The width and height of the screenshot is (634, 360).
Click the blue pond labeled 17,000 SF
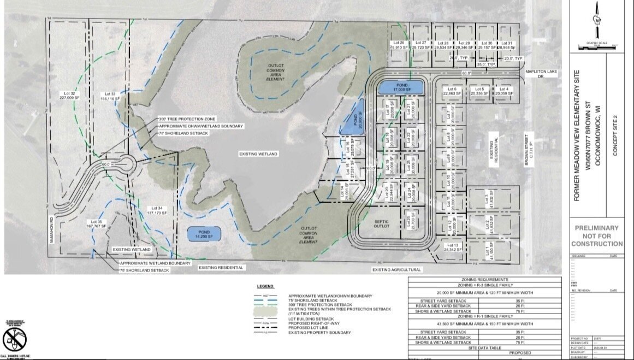[401, 86]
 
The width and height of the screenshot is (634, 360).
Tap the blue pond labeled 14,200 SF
[203, 233]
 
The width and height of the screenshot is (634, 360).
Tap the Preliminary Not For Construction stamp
[597, 235]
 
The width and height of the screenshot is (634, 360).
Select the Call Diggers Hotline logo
[14, 340]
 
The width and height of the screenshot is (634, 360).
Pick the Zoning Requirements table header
[484, 279]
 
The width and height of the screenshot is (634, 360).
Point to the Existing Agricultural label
[397, 269]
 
